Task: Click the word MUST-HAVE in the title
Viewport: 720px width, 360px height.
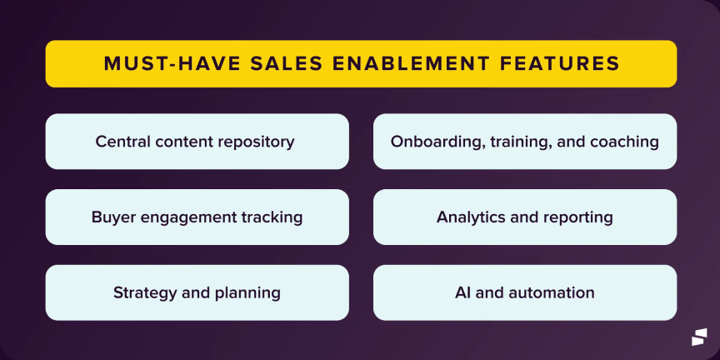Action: click(x=172, y=64)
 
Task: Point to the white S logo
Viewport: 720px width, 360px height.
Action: click(x=699, y=337)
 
